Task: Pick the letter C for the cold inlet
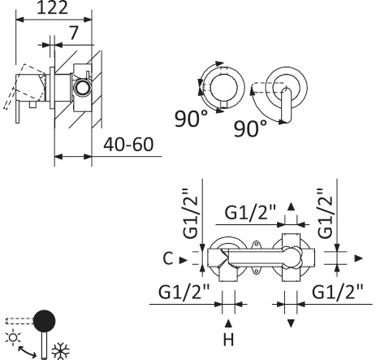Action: pos(166,259)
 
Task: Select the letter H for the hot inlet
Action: pos(228,338)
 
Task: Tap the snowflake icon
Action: pos(60,351)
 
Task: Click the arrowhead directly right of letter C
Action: pos(184,259)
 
